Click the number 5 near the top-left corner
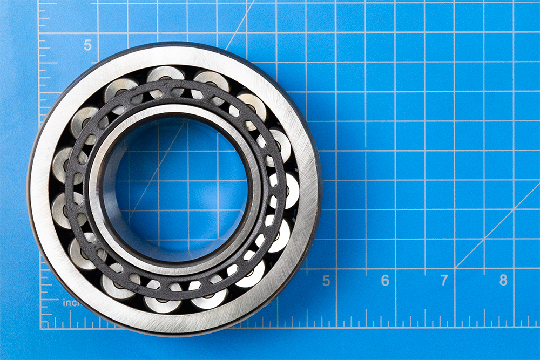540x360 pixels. pyautogui.click(x=87, y=45)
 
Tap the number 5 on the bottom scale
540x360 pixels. pyautogui.click(x=326, y=281)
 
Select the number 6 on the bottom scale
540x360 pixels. pyautogui.click(x=385, y=281)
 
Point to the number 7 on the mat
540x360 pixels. pyautogui.click(x=444, y=281)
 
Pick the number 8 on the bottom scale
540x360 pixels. pyautogui.click(x=503, y=281)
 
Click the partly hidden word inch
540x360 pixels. pyautogui.click(x=71, y=303)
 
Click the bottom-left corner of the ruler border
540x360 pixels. pyautogui.click(x=41, y=328)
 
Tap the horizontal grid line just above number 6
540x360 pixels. pyautogui.click(x=385, y=268)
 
